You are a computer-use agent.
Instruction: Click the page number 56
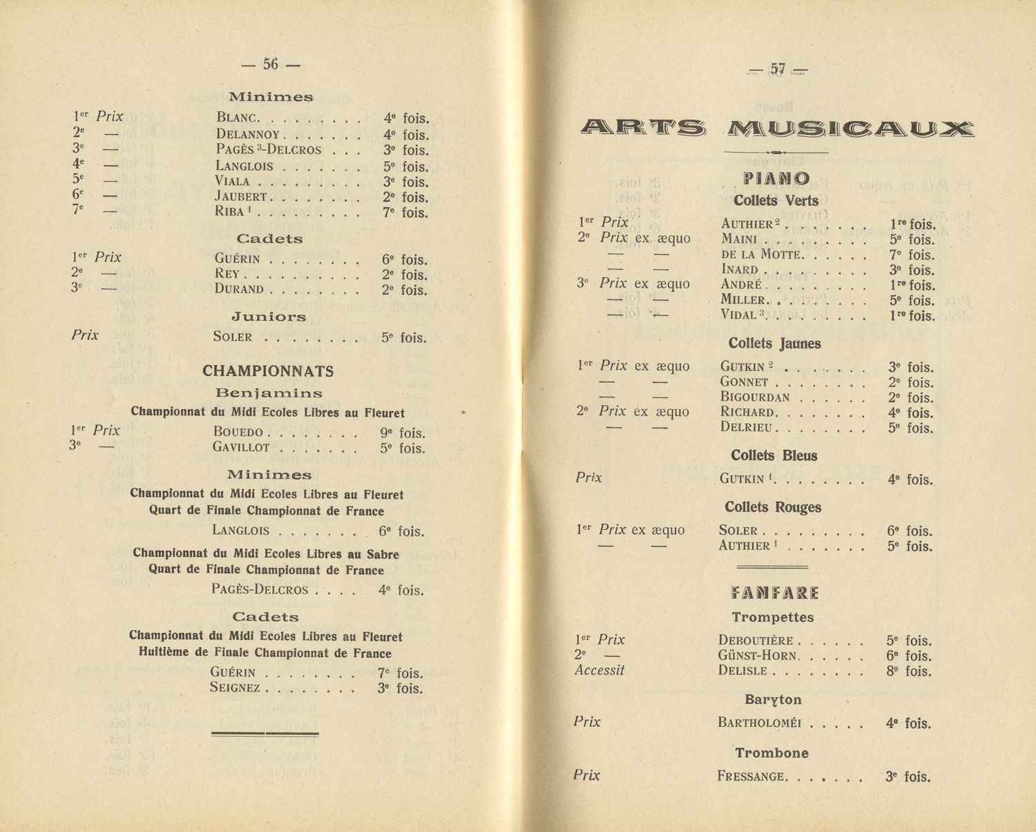(x=271, y=64)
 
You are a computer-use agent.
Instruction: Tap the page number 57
(x=778, y=69)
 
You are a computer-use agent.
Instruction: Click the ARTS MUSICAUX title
(x=776, y=128)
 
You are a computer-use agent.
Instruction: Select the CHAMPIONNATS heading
(x=268, y=371)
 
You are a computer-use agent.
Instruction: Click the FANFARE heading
(x=774, y=593)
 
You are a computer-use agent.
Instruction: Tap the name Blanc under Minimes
(x=238, y=118)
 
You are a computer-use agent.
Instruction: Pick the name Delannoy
(x=247, y=135)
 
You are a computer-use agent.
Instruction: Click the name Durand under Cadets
(x=239, y=290)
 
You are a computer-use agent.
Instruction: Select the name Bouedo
(x=238, y=433)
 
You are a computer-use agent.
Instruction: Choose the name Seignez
(x=235, y=688)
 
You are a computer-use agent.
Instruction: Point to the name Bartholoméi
(x=760, y=724)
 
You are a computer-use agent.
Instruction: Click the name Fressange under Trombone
(x=751, y=777)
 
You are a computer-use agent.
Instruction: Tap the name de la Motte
(x=760, y=255)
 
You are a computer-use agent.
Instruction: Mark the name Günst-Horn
(x=757, y=656)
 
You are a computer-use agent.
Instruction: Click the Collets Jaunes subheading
(x=774, y=343)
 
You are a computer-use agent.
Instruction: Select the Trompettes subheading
(x=773, y=617)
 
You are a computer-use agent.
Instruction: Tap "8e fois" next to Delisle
(x=909, y=671)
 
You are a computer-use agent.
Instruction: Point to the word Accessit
(x=599, y=670)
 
